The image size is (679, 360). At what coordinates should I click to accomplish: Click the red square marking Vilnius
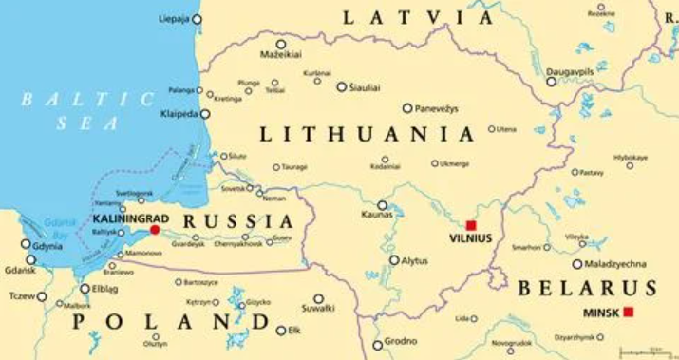tap(470, 225)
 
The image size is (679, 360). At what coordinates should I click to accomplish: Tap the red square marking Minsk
tap(627, 313)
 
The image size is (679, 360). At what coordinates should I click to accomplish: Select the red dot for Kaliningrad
tap(155, 229)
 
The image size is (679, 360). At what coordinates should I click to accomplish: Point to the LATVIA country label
tap(418, 17)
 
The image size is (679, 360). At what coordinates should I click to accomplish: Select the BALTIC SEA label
tap(85, 110)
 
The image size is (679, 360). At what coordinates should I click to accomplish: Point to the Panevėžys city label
tap(442, 108)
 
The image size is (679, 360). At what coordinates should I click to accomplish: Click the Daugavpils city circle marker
tap(551, 81)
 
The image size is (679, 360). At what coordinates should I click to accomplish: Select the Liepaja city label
tap(175, 18)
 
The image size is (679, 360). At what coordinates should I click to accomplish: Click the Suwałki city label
tap(317, 308)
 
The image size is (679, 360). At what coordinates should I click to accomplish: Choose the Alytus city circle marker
tap(394, 259)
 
